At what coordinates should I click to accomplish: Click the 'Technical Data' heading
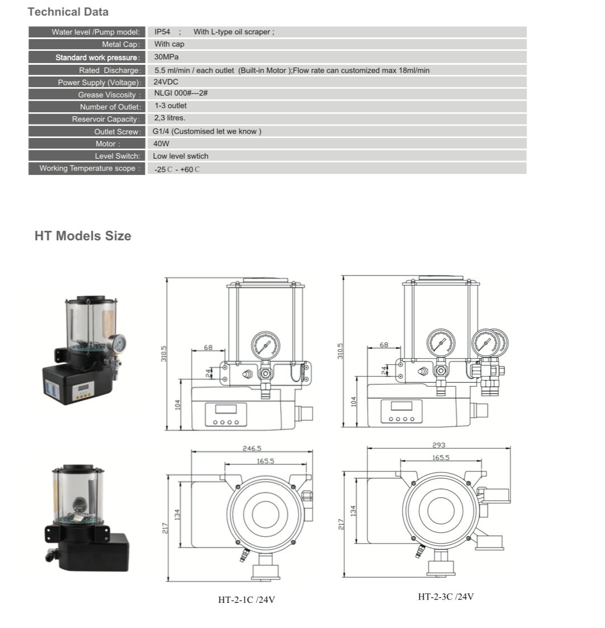click(x=68, y=12)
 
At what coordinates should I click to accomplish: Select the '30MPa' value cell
click(x=167, y=57)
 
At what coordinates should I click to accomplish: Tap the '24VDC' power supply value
click(x=166, y=82)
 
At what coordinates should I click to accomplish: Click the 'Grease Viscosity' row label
click(x=109, y=95)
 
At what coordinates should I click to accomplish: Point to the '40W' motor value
click(x=161, y=144)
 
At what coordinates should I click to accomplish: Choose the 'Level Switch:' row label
click(x=117, y=156)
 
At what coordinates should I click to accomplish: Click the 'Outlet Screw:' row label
click(x=117, y=132)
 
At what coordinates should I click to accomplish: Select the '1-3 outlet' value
click(x=171, y=106)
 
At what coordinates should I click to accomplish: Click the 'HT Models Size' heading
click(x=83, y=236)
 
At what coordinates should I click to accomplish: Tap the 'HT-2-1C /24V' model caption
click(x=247, y=600)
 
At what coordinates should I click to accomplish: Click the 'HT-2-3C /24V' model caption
click(x=446, y=597)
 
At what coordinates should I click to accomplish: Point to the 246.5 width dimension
click(x=252, y=448)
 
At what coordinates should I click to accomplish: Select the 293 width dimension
click(x=438, y=445)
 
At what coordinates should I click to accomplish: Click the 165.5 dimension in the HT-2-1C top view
click(x=266, y=461)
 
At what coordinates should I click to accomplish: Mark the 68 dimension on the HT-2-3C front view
click(x=384, y=345)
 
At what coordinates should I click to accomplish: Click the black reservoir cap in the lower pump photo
click(x=79, y=468)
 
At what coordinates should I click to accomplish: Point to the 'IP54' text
click(x=162, y=32)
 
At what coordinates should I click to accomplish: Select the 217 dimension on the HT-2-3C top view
click(x=341, y=524)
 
